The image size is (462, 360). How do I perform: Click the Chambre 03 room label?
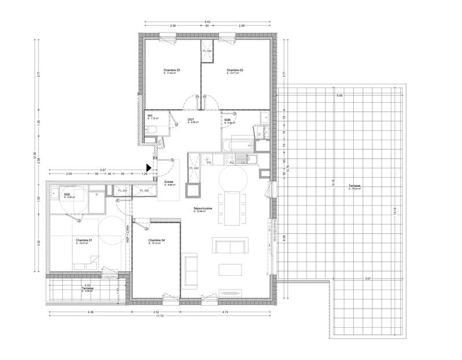[172, 70]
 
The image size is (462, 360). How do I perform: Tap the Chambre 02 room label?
[234, 70]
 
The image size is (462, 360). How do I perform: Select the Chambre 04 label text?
[157, 240]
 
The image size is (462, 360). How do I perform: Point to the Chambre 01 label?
[84, 240]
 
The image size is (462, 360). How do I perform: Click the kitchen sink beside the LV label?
[252, 158]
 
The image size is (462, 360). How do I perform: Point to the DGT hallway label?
[191, 119]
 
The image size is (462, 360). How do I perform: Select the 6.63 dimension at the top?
[207, 21]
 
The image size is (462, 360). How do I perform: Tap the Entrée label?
[169, 182]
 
